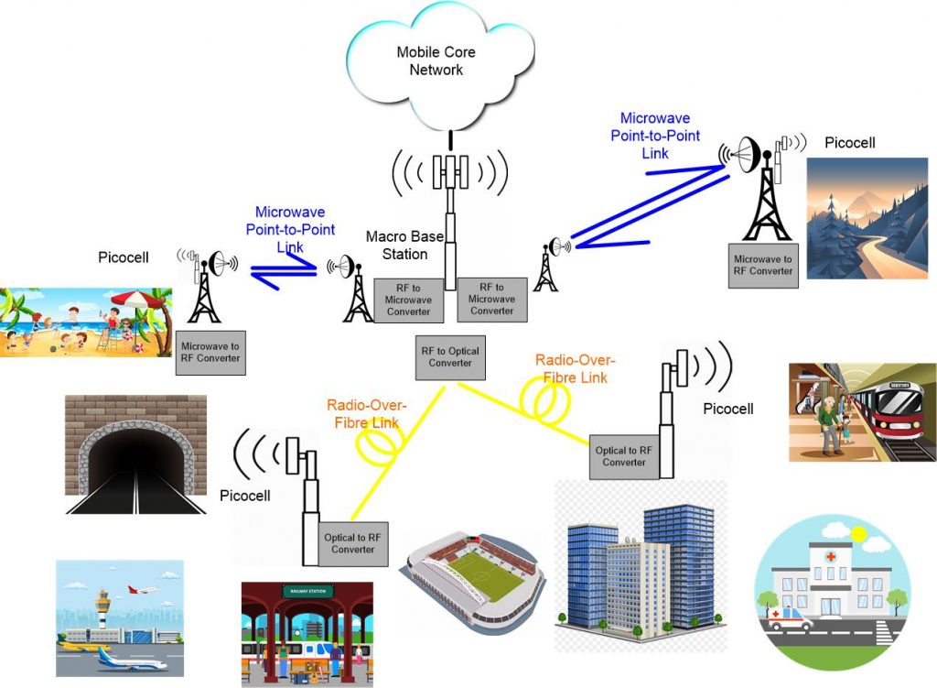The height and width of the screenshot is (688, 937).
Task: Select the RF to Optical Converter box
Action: (449, 357)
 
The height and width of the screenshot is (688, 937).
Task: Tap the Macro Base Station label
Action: (404, 245)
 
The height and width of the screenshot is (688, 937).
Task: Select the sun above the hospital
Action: (857, 532)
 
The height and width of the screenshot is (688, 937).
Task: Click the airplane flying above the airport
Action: (142, 590)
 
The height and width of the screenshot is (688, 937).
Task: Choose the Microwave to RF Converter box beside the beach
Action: (210, 352)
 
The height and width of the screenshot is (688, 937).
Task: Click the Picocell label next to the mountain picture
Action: (850, 142)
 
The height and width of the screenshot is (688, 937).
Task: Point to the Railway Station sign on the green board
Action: (306, 591)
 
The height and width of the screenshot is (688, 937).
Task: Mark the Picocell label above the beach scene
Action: (123, 257)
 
